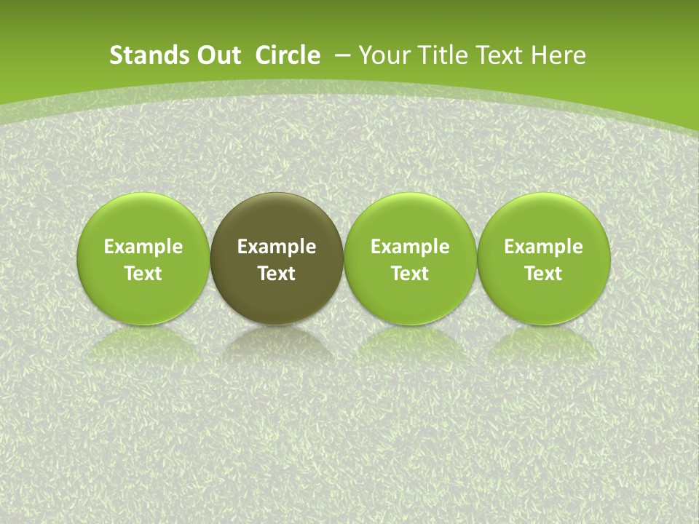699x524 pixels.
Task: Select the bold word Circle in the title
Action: [x=288, y=55]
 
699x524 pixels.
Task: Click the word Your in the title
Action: [x=382, y=55]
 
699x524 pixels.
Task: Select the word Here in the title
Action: [x=559, y=55]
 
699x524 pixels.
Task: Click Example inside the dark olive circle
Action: [x=277, y=247]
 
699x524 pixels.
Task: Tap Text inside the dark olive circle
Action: [x=277, y=274]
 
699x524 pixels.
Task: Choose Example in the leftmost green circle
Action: [x=143, y=247]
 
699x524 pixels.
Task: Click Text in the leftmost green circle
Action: [x=143, y=274]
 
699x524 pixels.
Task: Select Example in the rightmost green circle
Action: [x=544, y=247]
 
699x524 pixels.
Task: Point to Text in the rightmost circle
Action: [x=544, y=274]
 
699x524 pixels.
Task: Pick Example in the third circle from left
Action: [x=410, y=247]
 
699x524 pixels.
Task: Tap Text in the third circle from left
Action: [x=410, y=274]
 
